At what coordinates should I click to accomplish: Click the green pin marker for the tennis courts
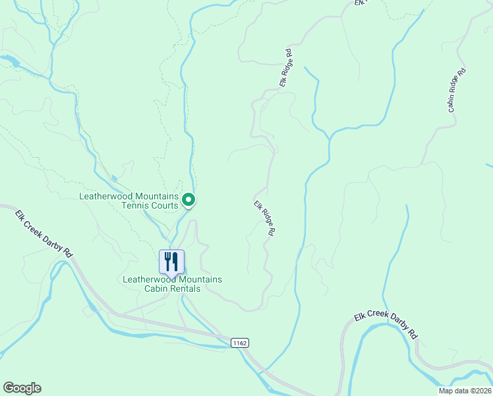(188, 199)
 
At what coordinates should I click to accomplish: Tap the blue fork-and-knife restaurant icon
(172, 261)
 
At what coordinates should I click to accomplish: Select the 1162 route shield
(240, 343)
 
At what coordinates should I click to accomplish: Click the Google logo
(22, 388)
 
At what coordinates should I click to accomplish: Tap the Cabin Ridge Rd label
(457, 90)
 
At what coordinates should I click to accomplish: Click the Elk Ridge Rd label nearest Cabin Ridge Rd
(285, 68)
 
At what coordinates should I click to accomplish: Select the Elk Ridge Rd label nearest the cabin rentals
(264, 218)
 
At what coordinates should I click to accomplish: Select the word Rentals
(185, 288)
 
